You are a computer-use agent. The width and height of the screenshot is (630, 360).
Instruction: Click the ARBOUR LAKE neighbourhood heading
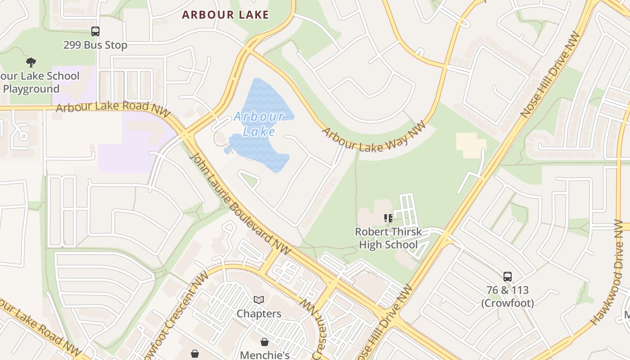pos(225,15)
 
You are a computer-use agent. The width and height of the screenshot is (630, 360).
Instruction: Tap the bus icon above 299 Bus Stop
pos(95,31)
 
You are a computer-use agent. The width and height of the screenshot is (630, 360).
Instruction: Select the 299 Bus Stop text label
pos(95,45)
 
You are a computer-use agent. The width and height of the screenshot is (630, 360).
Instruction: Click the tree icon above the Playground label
pos(31,62)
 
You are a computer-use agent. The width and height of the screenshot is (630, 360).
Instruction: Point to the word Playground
pos(31,89)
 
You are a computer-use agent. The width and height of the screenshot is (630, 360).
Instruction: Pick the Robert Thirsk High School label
pos(388,238)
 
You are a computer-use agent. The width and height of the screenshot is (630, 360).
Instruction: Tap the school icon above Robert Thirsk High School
pos(388,219)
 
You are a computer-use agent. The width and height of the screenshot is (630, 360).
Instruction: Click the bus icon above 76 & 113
pos(508,276)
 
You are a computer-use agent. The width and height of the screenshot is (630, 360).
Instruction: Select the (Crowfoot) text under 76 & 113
pos(508,303)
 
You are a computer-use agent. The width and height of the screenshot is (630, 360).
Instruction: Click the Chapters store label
pos(259,313)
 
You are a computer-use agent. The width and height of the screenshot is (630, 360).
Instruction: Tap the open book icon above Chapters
pos(259,300)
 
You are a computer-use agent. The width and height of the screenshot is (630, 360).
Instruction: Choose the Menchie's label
pos(265,355)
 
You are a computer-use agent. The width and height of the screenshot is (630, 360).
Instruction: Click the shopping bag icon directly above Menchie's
pos(265,342)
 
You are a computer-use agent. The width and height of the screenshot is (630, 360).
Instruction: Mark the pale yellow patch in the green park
pos(471,145)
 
